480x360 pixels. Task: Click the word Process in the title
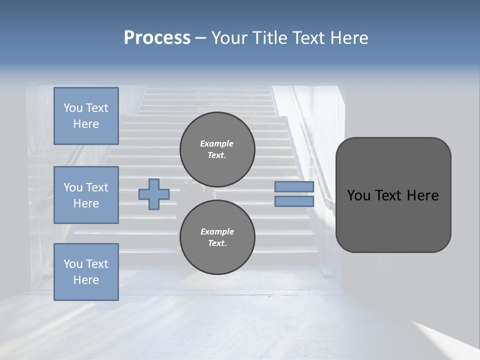157,38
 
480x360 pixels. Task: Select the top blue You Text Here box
86,116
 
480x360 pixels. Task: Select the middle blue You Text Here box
86,195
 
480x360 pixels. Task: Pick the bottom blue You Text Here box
86,271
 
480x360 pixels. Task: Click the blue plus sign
154,194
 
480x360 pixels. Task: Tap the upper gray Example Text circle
217,149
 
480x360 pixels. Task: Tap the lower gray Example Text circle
217,237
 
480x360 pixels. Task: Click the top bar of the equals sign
294,186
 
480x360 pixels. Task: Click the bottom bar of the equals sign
294,201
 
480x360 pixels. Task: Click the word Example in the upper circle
217,143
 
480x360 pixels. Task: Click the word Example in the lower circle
217,231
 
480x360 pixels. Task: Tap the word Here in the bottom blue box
86,280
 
